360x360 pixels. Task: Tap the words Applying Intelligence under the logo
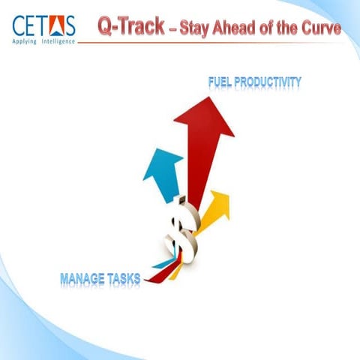[x=43, y=40]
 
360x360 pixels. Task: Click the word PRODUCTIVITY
[x=269, y=79]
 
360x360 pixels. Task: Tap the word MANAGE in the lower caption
[x=85, y=280]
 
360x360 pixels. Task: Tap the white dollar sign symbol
[x=182, y=229]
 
